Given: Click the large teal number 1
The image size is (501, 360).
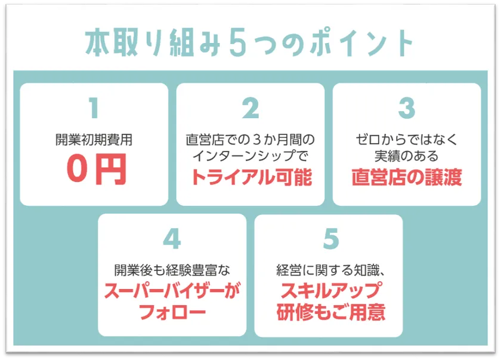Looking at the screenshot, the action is click(x=94, y=107).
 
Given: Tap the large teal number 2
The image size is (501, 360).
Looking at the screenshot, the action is click(x=250, y=108).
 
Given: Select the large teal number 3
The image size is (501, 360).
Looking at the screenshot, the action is click(x=407, y=108).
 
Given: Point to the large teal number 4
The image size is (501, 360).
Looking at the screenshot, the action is click(x=172, y=239).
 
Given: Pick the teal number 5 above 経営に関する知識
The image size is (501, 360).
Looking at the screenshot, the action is click(x=330, y=239).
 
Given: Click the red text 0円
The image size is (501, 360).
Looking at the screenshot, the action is click(x=97, y=169).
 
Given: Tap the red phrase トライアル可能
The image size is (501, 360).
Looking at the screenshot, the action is click(x=252, y=177).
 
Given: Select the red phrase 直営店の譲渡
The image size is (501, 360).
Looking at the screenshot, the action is click(x=407, y=177).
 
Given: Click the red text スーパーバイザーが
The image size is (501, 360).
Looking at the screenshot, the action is click(x=172, y=291).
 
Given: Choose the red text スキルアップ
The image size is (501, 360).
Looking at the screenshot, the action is click(x=330, y=291).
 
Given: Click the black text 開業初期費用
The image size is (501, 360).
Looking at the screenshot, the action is click(x=94, y=140).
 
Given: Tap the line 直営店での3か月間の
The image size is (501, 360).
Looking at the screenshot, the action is click(x=250, y=140).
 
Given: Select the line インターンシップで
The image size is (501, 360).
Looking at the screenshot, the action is click(x=250, y=156).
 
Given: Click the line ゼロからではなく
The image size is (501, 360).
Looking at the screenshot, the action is click(x=407, y=140).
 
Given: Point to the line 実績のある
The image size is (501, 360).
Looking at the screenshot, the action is click(x=407, y=156).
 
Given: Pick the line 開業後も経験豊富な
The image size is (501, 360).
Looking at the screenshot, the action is click(x=172, y=270).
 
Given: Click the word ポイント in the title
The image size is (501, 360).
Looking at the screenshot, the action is click(x=363, y=43).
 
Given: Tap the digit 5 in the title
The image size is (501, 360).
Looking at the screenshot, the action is click(x=238, y=42).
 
